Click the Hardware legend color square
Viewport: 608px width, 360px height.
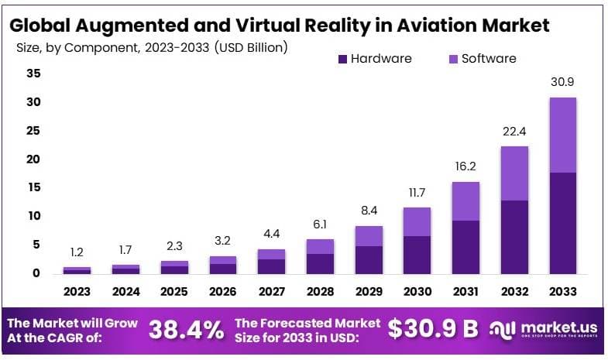(343, 59)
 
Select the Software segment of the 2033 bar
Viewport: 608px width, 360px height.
(562, 135)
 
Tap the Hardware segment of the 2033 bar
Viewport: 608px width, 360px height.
(562, 222)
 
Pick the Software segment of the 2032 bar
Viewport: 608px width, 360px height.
(514, 173)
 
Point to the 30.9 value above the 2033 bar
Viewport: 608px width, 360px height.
(562, 81)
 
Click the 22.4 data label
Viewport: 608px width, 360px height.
(514, 130)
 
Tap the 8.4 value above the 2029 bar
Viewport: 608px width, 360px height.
(369, 210)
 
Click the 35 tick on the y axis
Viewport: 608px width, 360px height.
(33, 74)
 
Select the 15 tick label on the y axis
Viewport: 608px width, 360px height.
(33, 187)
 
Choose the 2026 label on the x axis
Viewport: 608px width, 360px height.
(223, 292)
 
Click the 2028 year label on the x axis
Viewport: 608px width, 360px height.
(321, 292)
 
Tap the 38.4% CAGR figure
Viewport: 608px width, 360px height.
(185, 329)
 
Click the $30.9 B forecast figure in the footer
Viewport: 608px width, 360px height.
(433, 329)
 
